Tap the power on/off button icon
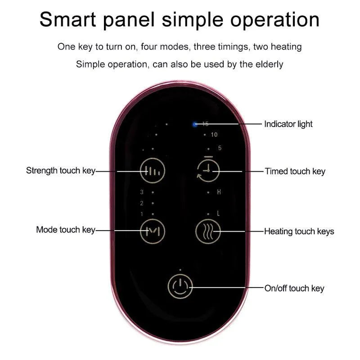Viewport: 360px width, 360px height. pyautogui.click(x=180, y=287)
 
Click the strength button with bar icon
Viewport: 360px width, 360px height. pyautogui.click(x=153, y=171)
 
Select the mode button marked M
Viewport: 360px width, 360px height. pyautogui.click(x=153, y=231)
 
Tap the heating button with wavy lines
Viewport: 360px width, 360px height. pyautogui.click(x=208, y=231)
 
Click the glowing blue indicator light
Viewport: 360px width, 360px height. pyautogui.click(x=195, y=124)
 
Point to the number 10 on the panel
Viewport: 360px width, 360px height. pyautogui.click(x=214, y=135)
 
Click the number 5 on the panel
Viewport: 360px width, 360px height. pyautogui.click(x=220, y=148)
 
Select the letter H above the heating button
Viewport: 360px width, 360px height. pyautogui.click(x=219, y=192)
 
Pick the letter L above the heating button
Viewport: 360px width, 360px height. pyautogui.click(x=218, y=214)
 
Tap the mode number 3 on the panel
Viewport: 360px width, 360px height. pyautogui.click(x=142, y=192)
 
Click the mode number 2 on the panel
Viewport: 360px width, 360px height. pyautogui.click(x=142, y=203)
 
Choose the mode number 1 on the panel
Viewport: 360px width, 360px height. pyautogui.click(x=142, y=214)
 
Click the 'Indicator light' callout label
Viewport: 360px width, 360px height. pyautogui.click(x=288, y=124)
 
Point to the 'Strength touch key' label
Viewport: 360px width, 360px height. pyautogui.click(x=61, y=171)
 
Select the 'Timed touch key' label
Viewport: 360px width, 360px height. pyautogui.click(x=295, y=171)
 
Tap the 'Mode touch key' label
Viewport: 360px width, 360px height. pyautogui.click(x=66, y=230)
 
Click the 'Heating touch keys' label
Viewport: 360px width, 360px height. pyautogui.click(x=299, y=231)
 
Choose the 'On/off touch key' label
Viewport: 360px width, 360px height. pyautogui.click(x=294, y=288)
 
